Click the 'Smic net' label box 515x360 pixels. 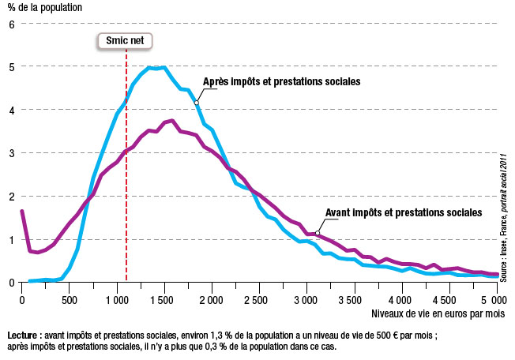(126, 41)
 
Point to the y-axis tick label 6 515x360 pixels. (12, 24)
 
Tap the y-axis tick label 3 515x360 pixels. (12, 153)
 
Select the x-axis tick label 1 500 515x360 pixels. (164, 300)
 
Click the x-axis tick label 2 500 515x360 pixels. (258, 300)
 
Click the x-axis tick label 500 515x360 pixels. (69, 300)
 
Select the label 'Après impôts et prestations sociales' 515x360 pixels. (282, 81)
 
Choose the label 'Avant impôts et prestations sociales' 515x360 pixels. (403, 212)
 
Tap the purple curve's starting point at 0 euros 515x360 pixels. (22, 211)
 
